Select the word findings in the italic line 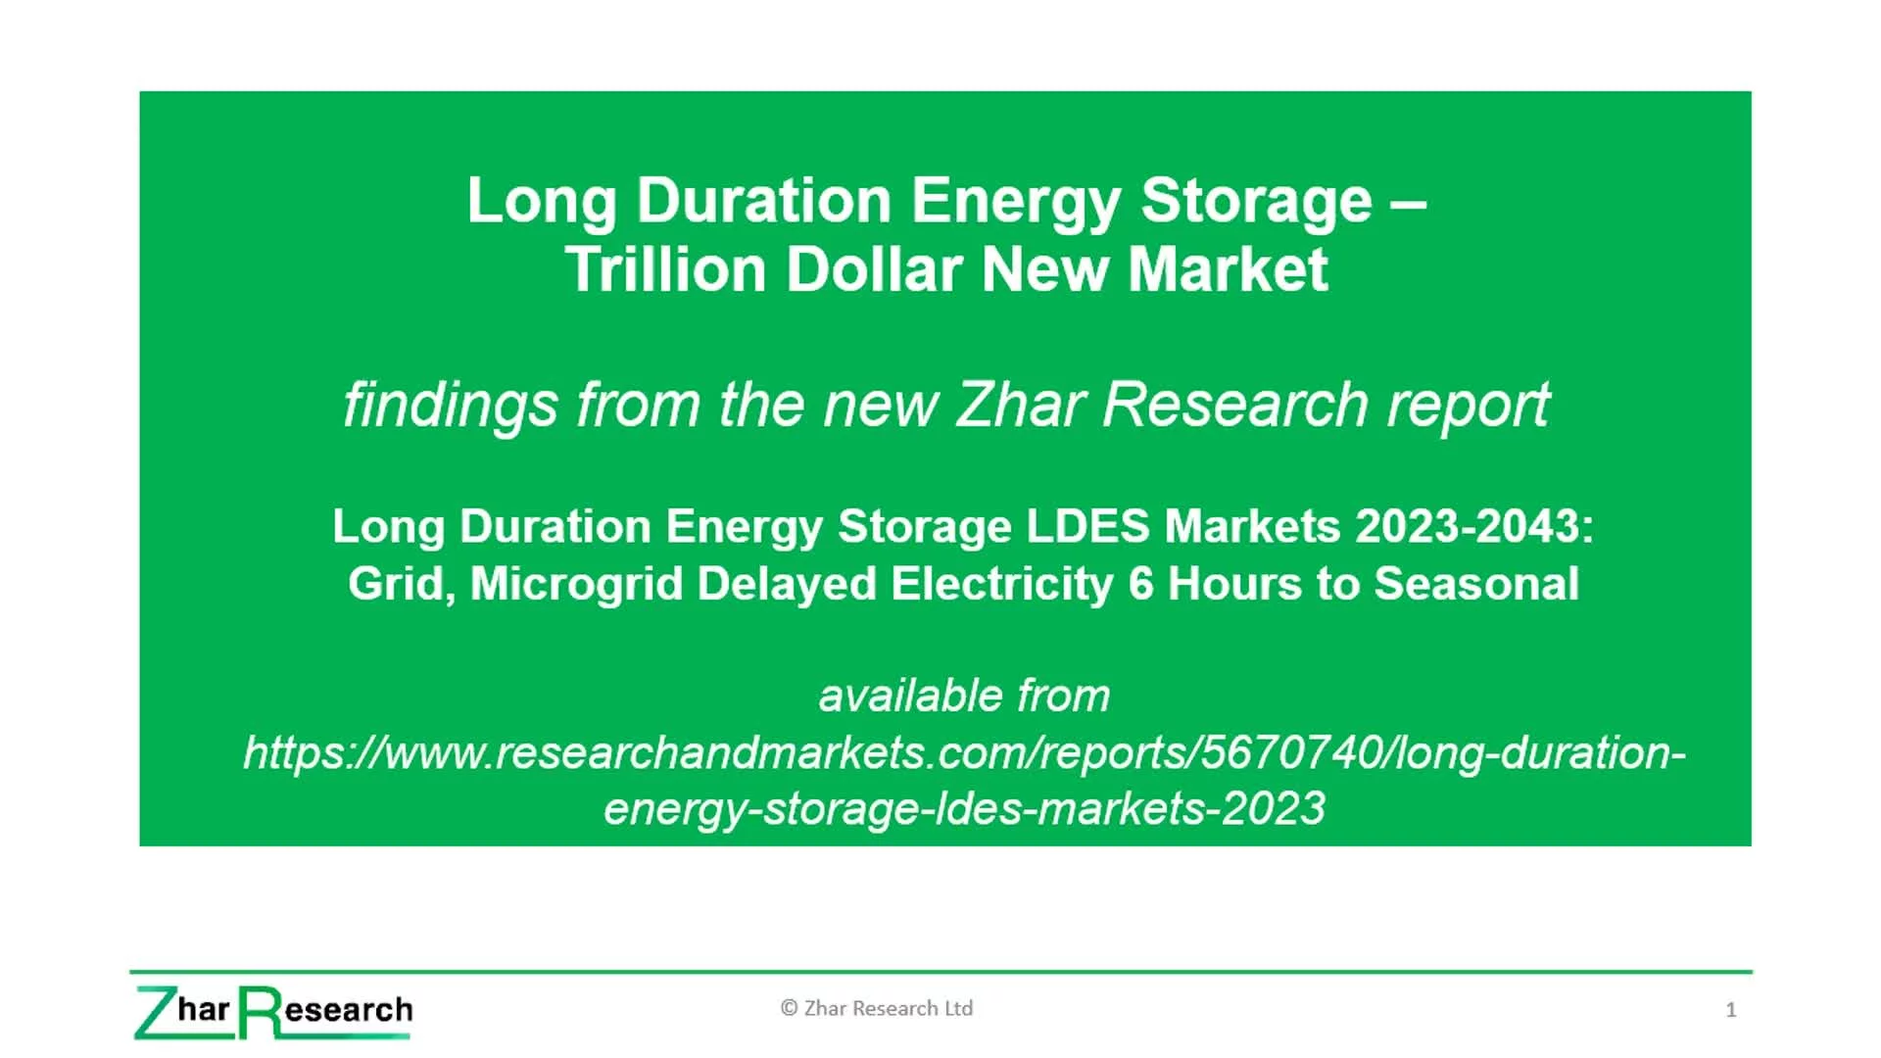[451, 405]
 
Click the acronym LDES [1087, 526]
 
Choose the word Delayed [787, 585]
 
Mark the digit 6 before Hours [1141, 584]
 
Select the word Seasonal [1476, 584]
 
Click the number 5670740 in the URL [1291, 752]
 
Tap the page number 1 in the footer [1731, 1010]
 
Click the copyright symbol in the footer [789, 1008]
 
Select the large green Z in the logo [153, 1012]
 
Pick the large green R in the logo [260, 1012]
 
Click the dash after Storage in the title [1408, 203]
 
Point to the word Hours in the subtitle [1234, 584]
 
